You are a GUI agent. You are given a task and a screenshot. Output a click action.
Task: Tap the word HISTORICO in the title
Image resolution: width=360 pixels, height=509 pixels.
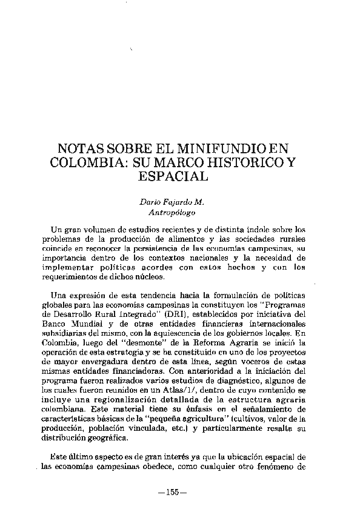230,163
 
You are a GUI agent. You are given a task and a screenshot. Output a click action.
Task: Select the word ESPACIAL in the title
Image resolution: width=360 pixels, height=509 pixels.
174,176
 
